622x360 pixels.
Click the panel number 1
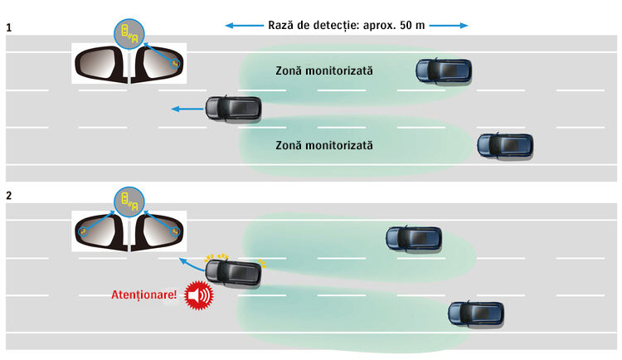click(x=9, y=27)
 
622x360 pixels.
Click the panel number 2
click(x=9, y=197)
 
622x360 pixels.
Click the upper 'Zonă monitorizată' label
click(x=323, y=71)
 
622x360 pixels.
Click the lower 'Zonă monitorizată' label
click(x=323, y=145)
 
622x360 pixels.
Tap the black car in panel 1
click(x=234, y=108)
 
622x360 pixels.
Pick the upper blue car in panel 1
click(x=443, y=71)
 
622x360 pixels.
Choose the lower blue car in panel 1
click(x=504, y=146)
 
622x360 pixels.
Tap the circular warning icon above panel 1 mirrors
click(x=129, y=34)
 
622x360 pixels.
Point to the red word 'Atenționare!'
click(x=143, y=295)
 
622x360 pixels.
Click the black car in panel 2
click(x=235, y=271)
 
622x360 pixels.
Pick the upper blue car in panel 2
click(x=413, y=239)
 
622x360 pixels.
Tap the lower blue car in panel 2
click(x=475, y=313)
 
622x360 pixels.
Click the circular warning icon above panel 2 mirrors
click(x=129, y=199)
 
